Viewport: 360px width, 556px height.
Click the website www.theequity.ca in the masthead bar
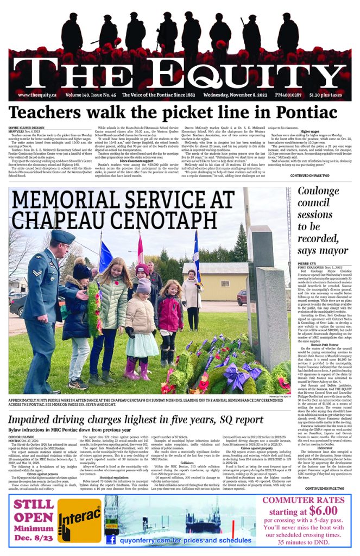[x=39, y=94]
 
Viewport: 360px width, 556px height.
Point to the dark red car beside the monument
[x=242, y=297]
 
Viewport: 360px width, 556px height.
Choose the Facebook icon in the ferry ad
[x=111, y=540]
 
